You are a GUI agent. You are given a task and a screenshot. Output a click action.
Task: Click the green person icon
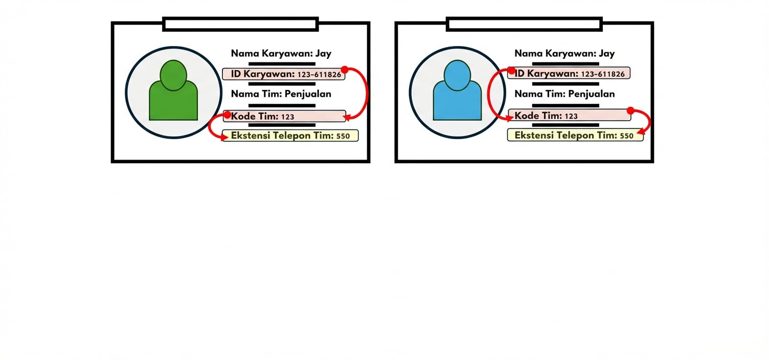click(173, 92)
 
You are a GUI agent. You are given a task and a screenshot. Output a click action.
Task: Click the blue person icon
click(457, 92)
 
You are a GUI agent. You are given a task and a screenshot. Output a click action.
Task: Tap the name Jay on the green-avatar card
click(324, 54)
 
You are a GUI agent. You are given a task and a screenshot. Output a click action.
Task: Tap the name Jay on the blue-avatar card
click(607, 54)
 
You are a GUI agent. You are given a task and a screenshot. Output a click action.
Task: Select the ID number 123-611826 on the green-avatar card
click(319, 75)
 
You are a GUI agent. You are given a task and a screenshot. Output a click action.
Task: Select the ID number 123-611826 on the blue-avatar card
click(603, 74)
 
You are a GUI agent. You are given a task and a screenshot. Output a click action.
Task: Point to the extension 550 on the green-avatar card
click(343, 137)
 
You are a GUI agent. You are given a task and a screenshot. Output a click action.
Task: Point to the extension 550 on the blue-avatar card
click(626, 136)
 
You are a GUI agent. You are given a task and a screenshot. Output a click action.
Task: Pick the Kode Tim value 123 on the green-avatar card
click(288, 117)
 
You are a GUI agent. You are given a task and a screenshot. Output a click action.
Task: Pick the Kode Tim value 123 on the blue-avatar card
click(571, 116)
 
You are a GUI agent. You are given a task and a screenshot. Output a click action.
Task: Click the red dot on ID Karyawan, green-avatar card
click(345, 70)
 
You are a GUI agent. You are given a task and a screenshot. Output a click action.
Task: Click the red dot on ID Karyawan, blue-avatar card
click(511, 70)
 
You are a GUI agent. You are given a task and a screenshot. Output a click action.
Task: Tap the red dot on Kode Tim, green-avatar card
click(228, 115)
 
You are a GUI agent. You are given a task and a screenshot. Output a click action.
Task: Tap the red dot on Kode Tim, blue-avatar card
click(630, 110)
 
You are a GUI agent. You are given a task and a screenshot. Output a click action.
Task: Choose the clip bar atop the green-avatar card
click(240, 24)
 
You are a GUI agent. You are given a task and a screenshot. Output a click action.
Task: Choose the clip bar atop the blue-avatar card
click(524, 24)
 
